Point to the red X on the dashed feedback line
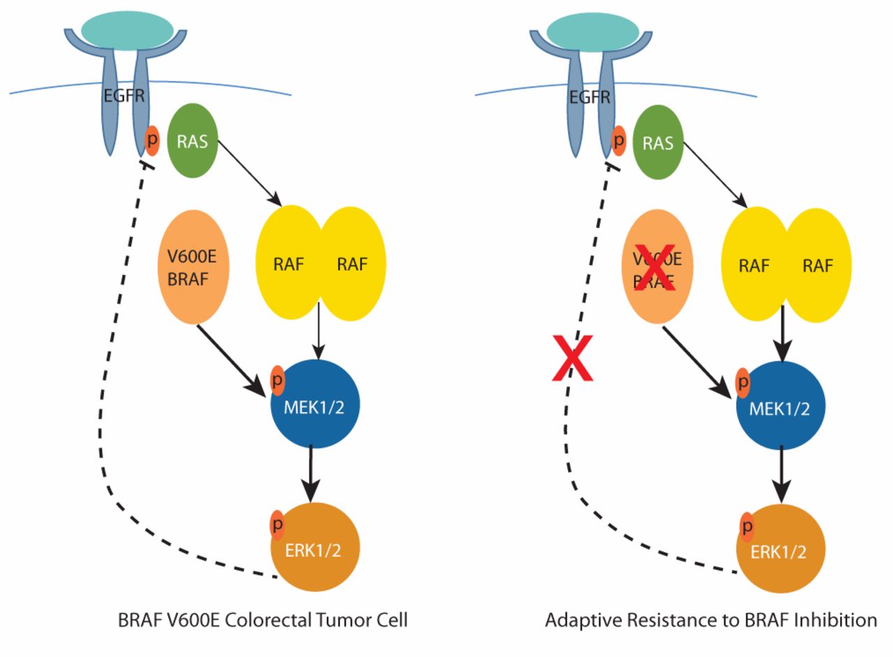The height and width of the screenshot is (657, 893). pos(572,358)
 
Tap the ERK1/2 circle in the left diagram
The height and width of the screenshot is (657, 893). pos(315,547)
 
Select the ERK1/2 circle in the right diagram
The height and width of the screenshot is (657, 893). pos(781,550)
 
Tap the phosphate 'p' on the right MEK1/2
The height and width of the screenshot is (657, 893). pos(744,383)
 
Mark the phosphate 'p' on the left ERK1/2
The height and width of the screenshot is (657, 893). pos(278,524)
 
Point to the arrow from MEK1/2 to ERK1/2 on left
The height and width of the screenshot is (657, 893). pos(311,472)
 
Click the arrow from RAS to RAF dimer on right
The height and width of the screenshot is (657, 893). pos(715,174)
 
